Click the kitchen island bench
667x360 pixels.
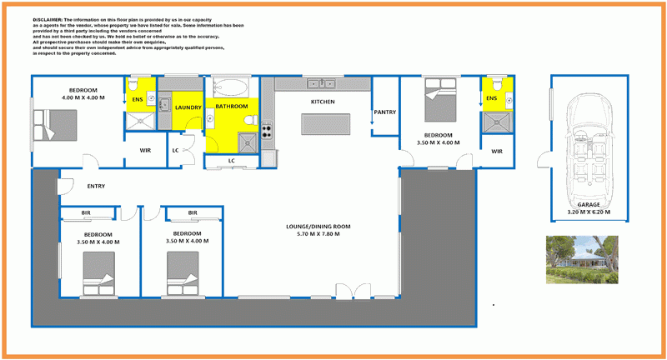(328, 124)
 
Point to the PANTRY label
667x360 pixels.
(384, 112)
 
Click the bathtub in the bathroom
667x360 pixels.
(228, 88)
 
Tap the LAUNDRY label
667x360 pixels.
(188, 107)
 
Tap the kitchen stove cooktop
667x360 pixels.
(267, 131)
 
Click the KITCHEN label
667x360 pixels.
(323, 102)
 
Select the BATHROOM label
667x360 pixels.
(231, 107)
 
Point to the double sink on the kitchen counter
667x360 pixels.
(320, 82)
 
